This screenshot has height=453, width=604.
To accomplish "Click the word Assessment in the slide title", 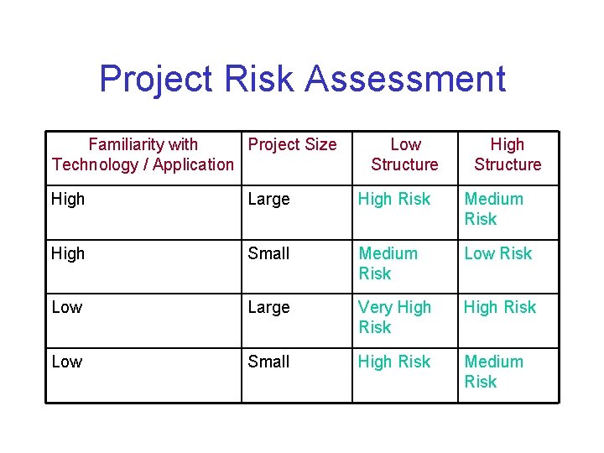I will (x=405, y=79).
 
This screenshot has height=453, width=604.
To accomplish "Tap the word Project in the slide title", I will (x=155, y=79).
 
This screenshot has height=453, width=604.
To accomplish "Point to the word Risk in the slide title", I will (x=259, y=79).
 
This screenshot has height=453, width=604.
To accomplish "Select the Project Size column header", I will (x=292, y=144).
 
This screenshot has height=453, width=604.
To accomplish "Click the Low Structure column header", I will (x=405, y=154).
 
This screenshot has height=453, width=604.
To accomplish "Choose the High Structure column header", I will (x=508, y=154).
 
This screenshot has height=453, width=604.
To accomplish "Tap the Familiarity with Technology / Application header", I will (x=143, y=154).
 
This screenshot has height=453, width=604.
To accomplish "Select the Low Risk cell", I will (x=498, y=253).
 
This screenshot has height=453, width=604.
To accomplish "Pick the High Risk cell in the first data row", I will (x=394, y=199).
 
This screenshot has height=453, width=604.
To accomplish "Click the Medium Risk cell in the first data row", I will (x=493, y=209).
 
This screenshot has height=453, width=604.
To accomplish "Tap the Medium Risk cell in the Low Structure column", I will (x=388, y=263).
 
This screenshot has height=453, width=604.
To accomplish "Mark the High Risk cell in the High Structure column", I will (x=500, y=308).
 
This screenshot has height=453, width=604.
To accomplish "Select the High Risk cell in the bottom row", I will (x=394, y=362).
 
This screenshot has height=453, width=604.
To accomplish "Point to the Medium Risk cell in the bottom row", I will (x=493, y=372).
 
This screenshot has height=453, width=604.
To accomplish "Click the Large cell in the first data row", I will (x=268, y=199).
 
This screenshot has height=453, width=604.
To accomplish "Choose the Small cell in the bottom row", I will (x=268, y=362).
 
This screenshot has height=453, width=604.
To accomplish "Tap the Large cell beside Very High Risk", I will (x=268, y=308).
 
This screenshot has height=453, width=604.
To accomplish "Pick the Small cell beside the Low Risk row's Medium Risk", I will (x=268, y=253).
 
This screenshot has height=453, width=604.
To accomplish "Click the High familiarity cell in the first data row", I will (x=68, y=199).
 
